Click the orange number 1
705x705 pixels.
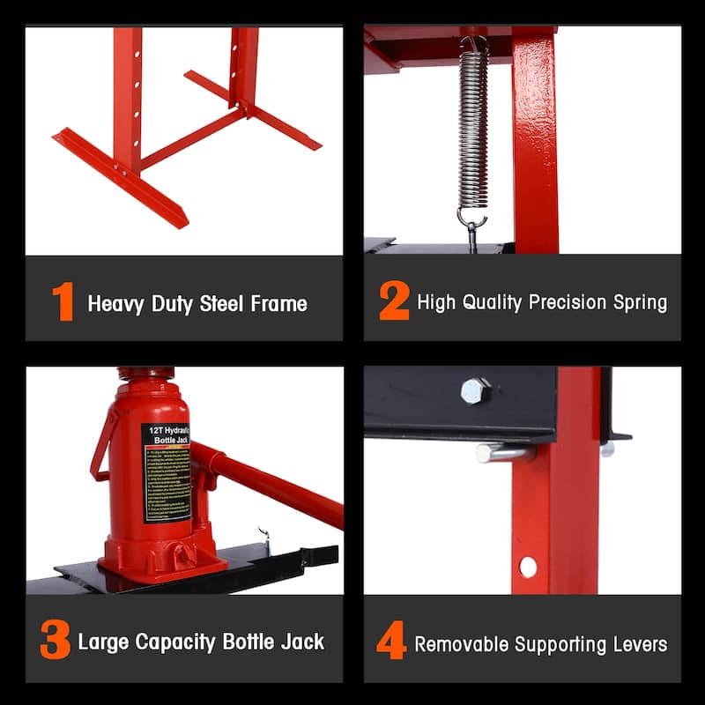[63, 302]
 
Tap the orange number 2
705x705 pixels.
[394, 302]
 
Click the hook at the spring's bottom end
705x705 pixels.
[472, 221]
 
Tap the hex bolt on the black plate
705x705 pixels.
[476, 390]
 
